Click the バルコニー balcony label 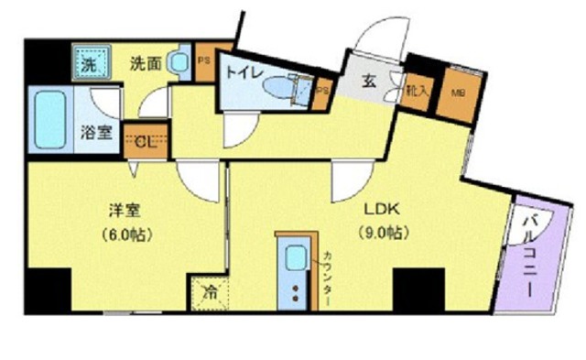click(x=531, y=255)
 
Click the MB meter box click(x=455, y=91)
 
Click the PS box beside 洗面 click(x=203, y=62)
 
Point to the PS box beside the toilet click(x=321, y=91)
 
